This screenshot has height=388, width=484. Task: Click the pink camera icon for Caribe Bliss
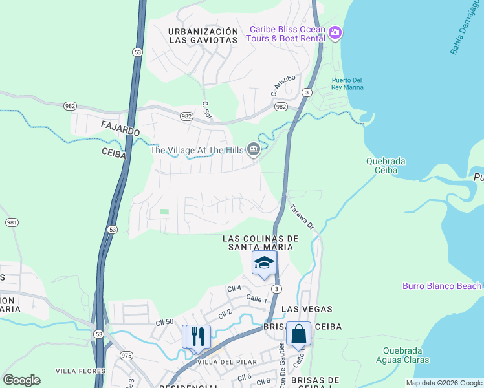coord(335,32)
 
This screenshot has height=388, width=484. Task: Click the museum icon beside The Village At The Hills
coord(253,150)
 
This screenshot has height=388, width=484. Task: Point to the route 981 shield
coord(12,222)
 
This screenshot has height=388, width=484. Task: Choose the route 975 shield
coord(126,356)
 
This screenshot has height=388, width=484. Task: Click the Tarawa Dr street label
coord(301,217)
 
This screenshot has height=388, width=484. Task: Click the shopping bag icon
coord(298,334)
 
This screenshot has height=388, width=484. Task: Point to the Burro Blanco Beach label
coord(442,286)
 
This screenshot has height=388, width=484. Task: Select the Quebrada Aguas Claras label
coord(402,356)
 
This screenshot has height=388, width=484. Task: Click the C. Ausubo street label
coord(283,85)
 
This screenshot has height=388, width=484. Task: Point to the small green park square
coord(164,211)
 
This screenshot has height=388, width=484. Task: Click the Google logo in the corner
coord(21,380)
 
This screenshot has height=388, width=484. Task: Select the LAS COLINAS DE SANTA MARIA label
coord(258,242)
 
